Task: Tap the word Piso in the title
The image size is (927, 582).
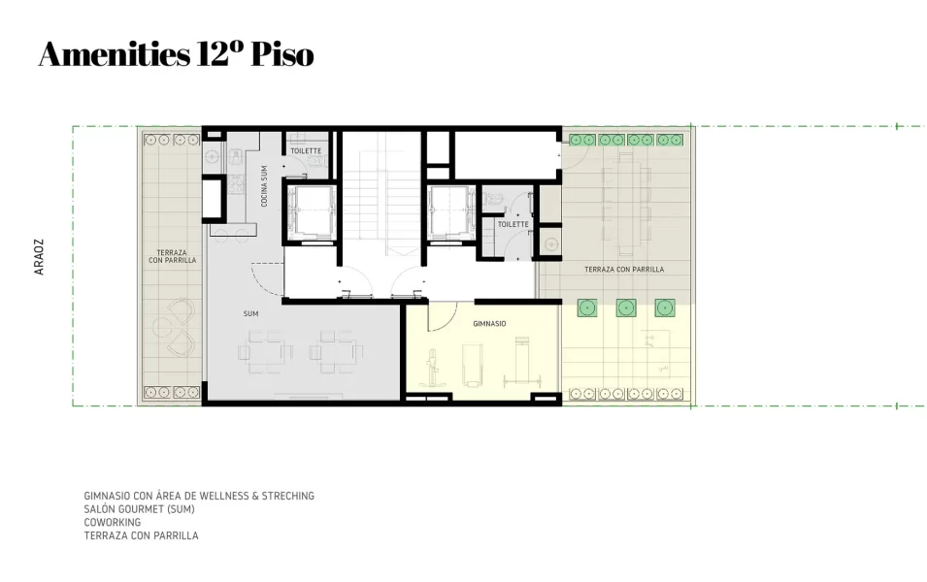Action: click(x=282, y=55)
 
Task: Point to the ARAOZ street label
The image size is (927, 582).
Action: click(x=40, y=257)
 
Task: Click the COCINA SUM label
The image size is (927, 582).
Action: click(x=265, y=186)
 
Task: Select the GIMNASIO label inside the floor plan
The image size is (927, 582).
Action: click(x=488, y=323)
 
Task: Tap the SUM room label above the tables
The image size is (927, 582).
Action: click(x=250, y=314)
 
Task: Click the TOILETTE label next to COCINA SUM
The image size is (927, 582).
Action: click(x=306, y=150)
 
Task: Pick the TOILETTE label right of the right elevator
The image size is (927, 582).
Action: click(x=513, y=224)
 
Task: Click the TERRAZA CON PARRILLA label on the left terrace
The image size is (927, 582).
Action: click(x=173, y=256)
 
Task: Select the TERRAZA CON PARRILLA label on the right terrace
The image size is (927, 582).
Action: click(x=624, y=269)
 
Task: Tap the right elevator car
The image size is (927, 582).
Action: click(x=449, y=210)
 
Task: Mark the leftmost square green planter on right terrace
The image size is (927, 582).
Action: click(x=586, y=308)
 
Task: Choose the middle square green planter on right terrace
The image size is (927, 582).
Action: click(x=625, y=308)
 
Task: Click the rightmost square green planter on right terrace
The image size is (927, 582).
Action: click(x=664, y=308)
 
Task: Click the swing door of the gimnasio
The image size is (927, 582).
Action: click(x=443, y=316)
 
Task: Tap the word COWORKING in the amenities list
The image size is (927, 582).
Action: click(x=112, y=522)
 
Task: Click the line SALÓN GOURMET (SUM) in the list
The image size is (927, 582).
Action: click(x=140, y=509)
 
